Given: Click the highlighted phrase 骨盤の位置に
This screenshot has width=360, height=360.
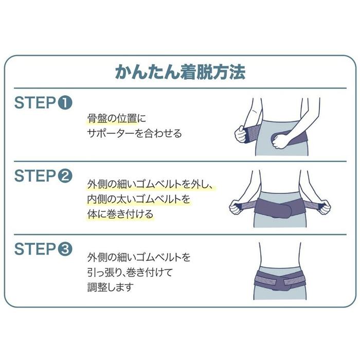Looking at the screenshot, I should click(x=112, y=119).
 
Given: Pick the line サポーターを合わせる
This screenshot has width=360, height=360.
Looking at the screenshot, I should click(x=134, y=134).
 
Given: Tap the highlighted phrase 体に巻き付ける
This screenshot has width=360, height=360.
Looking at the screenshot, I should click(x=119, y=214).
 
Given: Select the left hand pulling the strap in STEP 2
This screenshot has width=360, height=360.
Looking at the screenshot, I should click(x=236, y=207).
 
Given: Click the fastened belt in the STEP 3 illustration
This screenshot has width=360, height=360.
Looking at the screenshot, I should click(x=280, y=280).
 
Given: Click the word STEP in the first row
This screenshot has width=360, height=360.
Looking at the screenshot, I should click(x=34, y=103).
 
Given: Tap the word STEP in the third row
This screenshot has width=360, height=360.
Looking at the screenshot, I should click(x=34, y=249).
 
